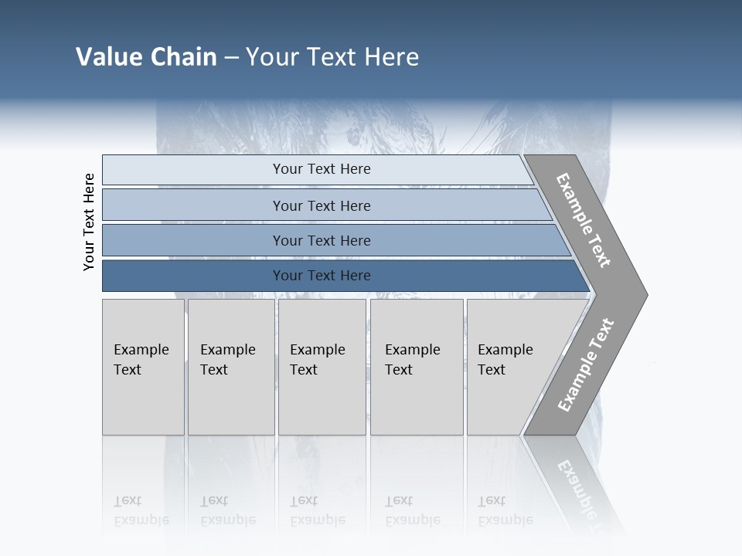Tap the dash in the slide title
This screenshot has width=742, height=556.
231,58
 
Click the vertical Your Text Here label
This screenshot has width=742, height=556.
89,222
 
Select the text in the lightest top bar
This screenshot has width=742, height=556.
322,169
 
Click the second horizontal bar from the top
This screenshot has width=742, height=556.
322,205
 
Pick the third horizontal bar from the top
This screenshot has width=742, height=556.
322,240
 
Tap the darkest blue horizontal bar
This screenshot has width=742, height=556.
322,276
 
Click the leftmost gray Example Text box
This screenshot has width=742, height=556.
143,366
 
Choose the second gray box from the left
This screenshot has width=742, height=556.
231,366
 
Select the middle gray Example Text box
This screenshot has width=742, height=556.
322,366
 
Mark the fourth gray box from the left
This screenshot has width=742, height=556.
417,366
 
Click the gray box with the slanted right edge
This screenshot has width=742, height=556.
510,366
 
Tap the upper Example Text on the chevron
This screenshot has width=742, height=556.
584,220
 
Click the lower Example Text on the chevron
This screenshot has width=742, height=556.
586,364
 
